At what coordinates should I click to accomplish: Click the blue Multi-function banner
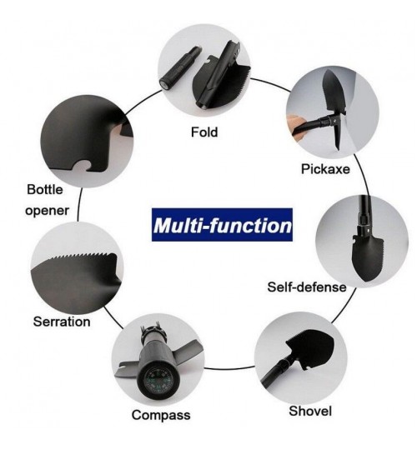[x=222, y=225]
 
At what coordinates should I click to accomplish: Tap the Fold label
[x=204, y=132]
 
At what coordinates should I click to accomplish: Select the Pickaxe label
[x=325, y=169]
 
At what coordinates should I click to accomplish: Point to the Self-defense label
[x=307, y=287]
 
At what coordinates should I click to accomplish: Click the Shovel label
[x=310, y=411]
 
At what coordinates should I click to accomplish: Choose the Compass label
[x=161, y=415]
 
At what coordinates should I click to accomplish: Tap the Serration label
[x=62, y=322]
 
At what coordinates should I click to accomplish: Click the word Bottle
[x=45, y=190]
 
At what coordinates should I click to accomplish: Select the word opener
[x=47, y=211]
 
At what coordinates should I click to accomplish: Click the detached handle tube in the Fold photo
[x=180, y=68]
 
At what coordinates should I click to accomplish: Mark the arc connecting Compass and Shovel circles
[x=229, y=368]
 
